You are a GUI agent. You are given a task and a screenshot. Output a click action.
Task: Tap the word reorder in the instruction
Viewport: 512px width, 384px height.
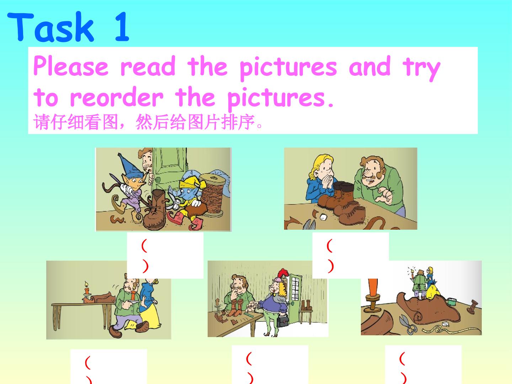pyautogui.click(x=117, y=97)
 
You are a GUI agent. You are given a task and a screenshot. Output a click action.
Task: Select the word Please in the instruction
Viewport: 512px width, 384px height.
pyautogui.click(x=71, y=66)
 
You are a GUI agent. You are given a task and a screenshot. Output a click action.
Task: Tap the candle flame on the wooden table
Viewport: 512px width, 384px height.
pyautogui.click(x=86, y=284)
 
